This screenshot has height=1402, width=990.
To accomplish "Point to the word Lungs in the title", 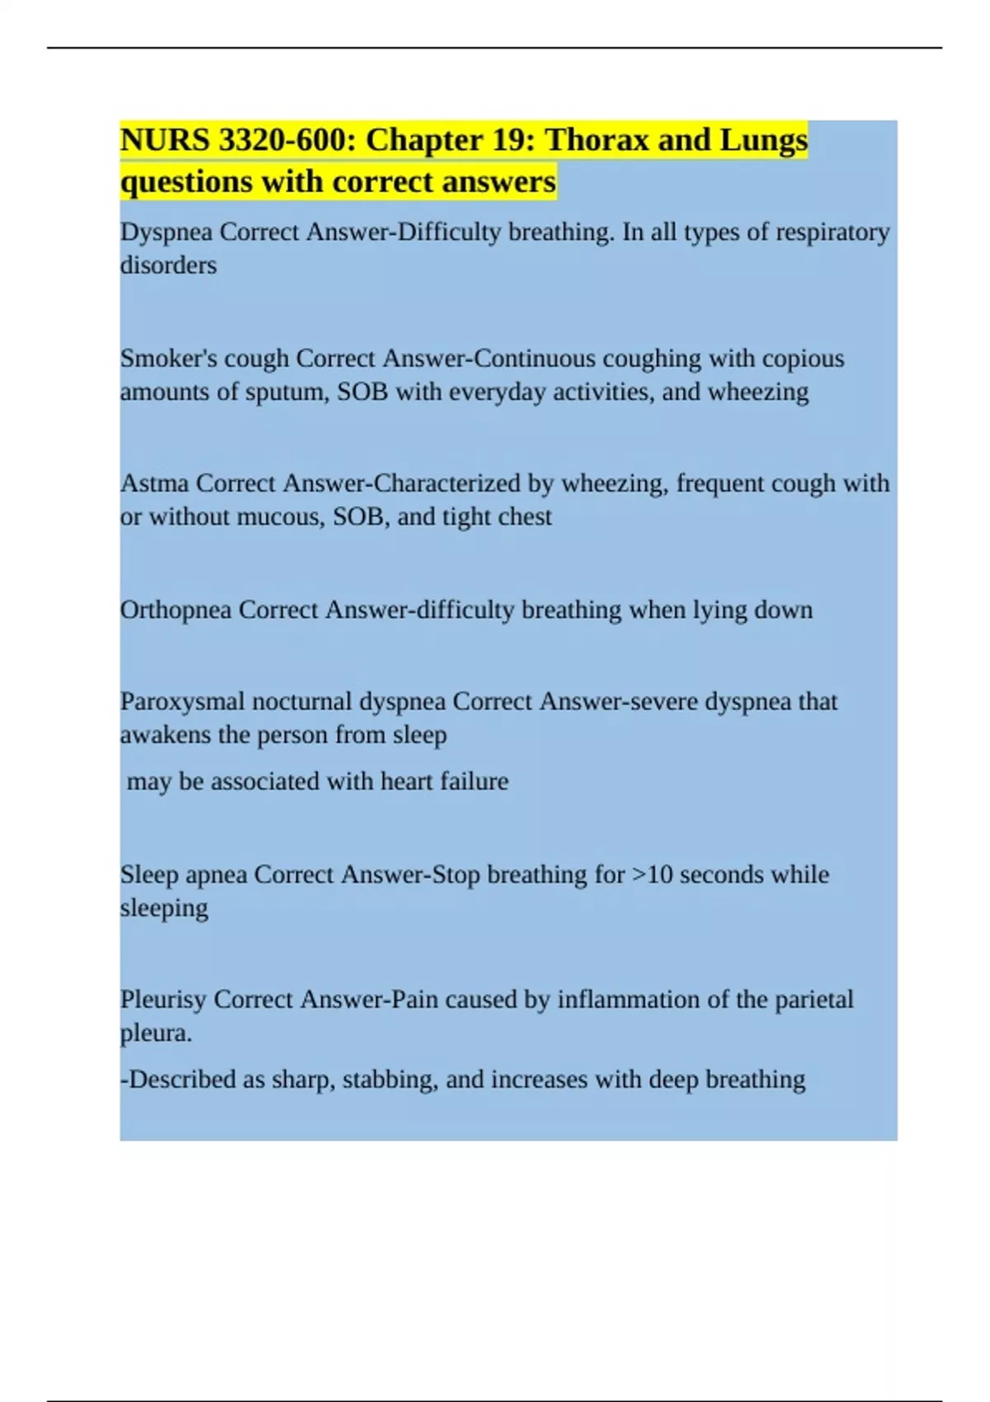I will [x=764, y=140].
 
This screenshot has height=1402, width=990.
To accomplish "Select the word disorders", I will [x=168, y=266].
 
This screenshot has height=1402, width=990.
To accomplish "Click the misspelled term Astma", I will [x=154, y=483].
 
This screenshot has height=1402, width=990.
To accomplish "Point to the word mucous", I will [x=280, y=517].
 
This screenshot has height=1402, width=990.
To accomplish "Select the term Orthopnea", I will [x=176, y=610].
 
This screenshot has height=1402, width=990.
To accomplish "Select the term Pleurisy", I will [x=163, y=1000].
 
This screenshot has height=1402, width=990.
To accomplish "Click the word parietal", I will [x=813, y=1000].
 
